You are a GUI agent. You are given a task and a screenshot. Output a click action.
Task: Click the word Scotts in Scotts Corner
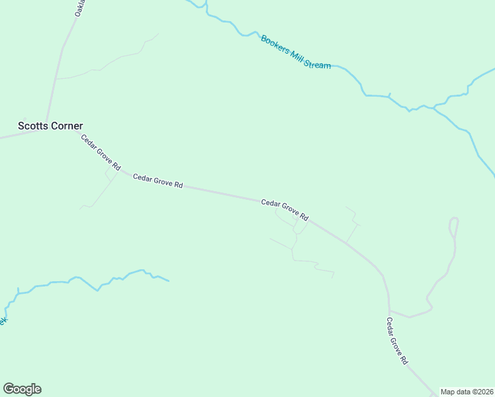(31, 126)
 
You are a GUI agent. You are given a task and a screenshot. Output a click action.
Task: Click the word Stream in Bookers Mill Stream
(317, 65)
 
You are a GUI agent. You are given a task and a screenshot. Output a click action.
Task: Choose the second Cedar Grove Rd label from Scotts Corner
(157, 181)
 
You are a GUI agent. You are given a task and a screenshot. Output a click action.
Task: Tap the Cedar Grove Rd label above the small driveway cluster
(285, 210)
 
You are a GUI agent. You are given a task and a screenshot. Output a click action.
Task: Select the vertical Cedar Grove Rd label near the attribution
(397, 341)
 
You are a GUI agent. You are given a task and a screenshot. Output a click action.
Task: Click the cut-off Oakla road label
(79, 9)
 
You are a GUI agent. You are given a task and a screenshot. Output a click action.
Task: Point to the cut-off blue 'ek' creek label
(3, 321)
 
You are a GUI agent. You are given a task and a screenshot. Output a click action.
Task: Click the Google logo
(22, 389)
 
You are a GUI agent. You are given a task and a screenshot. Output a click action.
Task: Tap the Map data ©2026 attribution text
(467, 392)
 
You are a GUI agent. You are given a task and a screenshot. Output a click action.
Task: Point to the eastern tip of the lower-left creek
(169, 281)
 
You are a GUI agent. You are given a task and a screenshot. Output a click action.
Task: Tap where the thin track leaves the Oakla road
(56, 79)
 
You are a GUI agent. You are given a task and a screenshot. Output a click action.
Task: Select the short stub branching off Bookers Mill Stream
(390, 95)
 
